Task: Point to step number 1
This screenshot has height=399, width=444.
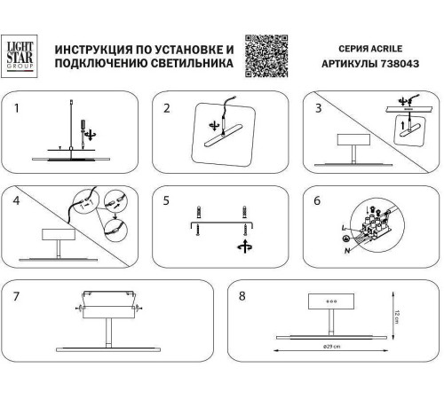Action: (15, 109)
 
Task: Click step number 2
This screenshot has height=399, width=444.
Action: (166, 109)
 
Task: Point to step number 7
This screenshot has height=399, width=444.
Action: (15, 294)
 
